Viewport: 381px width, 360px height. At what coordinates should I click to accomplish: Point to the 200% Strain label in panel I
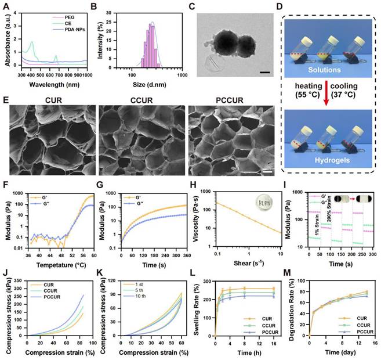coord(333,212)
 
